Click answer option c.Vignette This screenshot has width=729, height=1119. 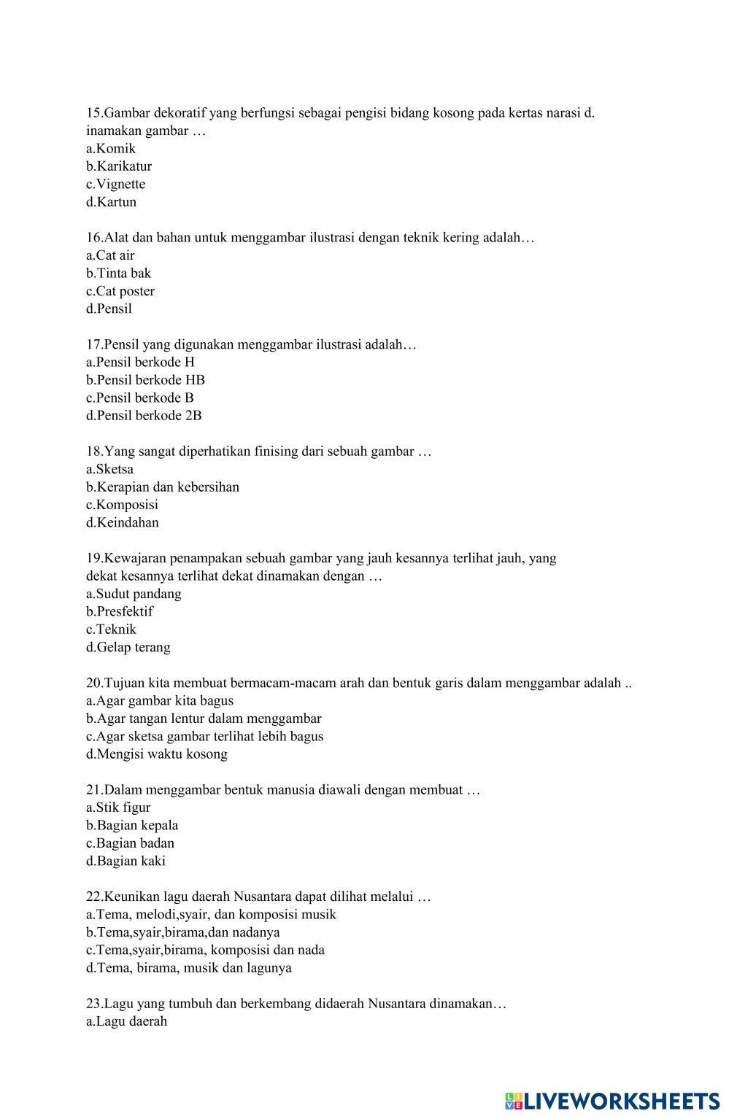click(115, 184)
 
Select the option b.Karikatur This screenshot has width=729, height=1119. click(119, 166)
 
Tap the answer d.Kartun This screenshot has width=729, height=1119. click(111, 202)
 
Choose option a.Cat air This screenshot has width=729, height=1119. click(110, 255)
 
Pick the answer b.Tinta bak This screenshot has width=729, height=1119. click(118, 274)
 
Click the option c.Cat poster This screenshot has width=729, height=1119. click(120, 291)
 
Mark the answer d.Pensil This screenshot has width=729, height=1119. click(109, 309)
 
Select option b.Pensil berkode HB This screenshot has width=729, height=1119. click(145, 380)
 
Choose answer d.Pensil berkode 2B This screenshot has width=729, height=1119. click(144, 416)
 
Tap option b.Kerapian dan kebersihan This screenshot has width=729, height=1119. click(163, 487)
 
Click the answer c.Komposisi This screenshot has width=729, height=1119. click(122, 505)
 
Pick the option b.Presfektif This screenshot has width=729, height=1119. click(120, 612)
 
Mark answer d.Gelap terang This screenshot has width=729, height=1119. click(128, 648)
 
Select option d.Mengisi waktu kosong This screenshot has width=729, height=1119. click(157, 754)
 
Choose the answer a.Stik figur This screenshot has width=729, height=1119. click(118, 808)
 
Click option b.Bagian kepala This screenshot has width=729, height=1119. click(132, 826)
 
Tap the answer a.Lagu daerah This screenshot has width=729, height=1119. click(126, 1021)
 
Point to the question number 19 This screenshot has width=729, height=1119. click(94, 559)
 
